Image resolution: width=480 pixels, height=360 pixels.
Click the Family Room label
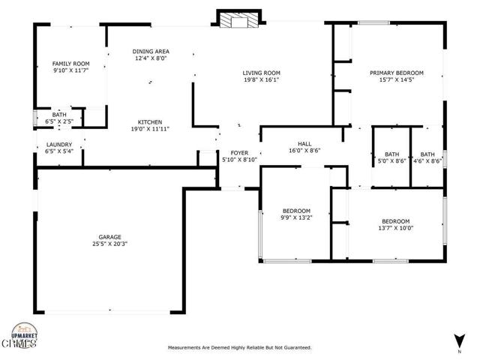(70, 64)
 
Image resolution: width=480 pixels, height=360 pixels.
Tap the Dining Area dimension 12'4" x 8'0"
(151, 58)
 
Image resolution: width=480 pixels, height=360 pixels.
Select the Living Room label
(262, 73)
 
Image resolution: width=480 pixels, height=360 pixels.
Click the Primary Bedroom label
(397, 73)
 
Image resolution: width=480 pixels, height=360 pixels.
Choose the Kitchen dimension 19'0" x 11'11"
(150, 129)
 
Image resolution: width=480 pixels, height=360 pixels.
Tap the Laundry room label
(59, 145)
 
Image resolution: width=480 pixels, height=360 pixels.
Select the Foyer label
(239, 153)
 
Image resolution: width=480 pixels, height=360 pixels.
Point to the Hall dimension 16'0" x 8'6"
(304, 151)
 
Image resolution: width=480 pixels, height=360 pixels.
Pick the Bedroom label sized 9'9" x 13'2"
(296, 211)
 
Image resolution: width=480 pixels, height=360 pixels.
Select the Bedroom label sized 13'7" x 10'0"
(396, 221)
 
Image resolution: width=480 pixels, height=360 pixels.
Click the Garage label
(110, 237)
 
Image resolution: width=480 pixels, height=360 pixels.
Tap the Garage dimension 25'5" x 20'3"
(110, 244)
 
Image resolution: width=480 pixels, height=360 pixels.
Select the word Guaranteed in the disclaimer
(298, 347)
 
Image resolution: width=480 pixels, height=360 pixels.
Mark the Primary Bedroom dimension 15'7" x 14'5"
(397, 80)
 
